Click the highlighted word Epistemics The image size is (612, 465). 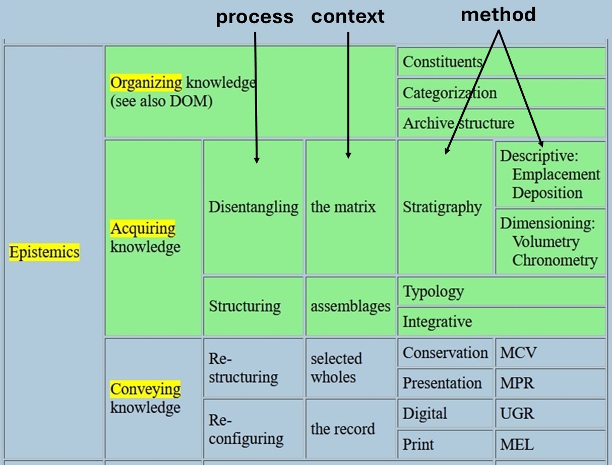tap(44, 252)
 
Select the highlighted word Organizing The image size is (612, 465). tap(146, 83)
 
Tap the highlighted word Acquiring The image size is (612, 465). tap(143, 229)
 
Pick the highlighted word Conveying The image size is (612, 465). tap(145, 389)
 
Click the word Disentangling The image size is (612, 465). tap(254, 207)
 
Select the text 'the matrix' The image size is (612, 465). tap(343, 207)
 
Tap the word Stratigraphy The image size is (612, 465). tap(442, 207)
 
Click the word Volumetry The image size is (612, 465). tap(546, 242)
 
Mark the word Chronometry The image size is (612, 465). tap(555, 260)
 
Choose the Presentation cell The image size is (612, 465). tap(442, 383)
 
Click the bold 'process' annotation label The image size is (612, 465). tap(255, 17)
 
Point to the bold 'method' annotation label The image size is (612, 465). tap(498, 15)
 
